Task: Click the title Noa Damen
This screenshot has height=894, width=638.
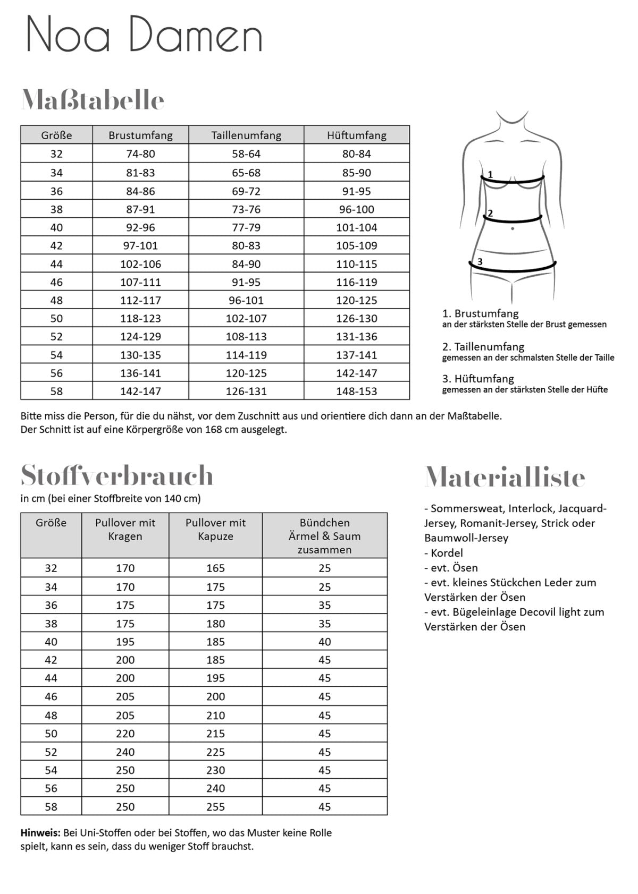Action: [145, 35]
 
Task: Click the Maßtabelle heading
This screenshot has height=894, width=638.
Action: [93, 100]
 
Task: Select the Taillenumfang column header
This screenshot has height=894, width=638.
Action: [246, 135]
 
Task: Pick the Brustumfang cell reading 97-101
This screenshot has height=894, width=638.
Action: [140, 245]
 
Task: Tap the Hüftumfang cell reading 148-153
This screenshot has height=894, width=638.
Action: [356, 391]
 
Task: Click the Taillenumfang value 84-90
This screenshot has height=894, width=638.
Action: [246, 264]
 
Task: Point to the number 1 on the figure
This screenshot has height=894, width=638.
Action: [490, 174]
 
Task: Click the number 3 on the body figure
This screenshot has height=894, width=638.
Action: [480, 261]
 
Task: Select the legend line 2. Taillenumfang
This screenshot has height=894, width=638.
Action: [483, 346]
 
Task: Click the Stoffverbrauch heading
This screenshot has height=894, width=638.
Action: [117, 475]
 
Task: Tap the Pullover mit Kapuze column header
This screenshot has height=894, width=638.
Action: [215, 529]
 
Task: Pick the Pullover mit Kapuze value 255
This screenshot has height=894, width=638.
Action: [215, 806]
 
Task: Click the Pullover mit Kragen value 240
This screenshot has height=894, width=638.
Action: [125, 752]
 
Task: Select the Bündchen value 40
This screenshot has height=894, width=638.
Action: [324, 642]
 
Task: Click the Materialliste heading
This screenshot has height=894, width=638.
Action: [505, 476]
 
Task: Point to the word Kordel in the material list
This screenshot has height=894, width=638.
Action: [447, 552]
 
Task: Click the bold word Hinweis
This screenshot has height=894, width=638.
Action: [40, 832]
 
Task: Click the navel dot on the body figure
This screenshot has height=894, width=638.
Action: [513, 228]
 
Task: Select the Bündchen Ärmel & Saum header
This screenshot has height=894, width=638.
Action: [324, 535]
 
